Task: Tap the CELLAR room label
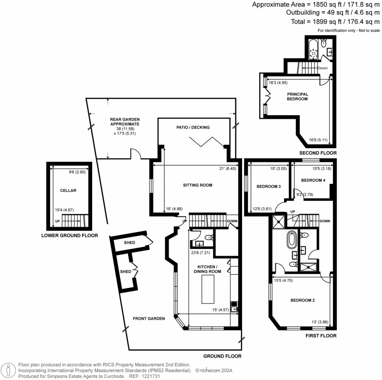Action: pyautogui.click(x=68, y=190)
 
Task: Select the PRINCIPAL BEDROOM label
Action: pyautogui.click(x=297, y=96)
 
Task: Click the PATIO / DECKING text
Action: pyautogui.click(x=193, y=127)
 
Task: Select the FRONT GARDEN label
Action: pyautogui.click(x=149, y=318)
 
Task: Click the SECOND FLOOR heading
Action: pyautogui.click(x=318, y=153)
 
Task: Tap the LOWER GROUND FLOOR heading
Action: pyautogui.click(x=69, y=236)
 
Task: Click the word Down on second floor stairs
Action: pyautogui.click(x=322, y=68)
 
